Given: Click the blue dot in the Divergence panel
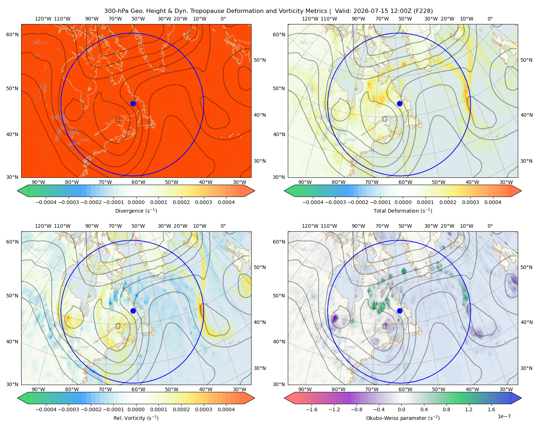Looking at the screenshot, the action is pyautogui.click(x=133, y=103).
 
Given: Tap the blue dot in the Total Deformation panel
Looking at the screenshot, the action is pyautogui.click(x=400, y=103).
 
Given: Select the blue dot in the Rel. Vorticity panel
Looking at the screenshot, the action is pyautogui.click(x=133, y=311).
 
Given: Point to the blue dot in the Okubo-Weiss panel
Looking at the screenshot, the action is pyautogui.click(x=400, y=311).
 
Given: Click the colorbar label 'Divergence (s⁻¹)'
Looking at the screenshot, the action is pyautogui.click(x=136, y=210).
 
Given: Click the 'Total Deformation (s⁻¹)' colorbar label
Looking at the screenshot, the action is pyautogui.click(x=403, y=210).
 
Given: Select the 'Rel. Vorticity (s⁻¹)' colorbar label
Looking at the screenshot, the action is pyautogui.click(x=136, y=418).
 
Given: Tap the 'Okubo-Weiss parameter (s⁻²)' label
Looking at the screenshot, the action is pyautogui.click(x=403, y=418).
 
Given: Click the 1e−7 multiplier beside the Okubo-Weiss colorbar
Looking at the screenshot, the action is pyautogui.click(x=504, y=416).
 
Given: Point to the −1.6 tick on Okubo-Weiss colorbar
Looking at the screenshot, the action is pyautogui.click(x=312, y=409).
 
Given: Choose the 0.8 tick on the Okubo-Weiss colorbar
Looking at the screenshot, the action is pyautogui.click(x=446, y=409).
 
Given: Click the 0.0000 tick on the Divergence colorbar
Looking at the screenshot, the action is pyautogui.click(x=136, y=202).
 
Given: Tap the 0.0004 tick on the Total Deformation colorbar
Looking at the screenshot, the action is pyautogui.click(x=493, y=202).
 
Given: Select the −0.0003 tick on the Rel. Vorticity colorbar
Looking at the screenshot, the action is pyautogui.click(x=68, y=409).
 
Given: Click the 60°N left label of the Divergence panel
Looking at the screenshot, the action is pyautogui.click(x=12, y=34).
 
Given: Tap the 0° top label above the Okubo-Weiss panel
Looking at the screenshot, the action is pyautogui.click(x=490, y=226).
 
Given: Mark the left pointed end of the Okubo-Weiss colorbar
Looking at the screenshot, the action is pyautogui.click(x=284, y=398).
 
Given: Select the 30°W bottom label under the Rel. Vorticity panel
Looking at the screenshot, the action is pyautogui.click(x=239, y=389).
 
